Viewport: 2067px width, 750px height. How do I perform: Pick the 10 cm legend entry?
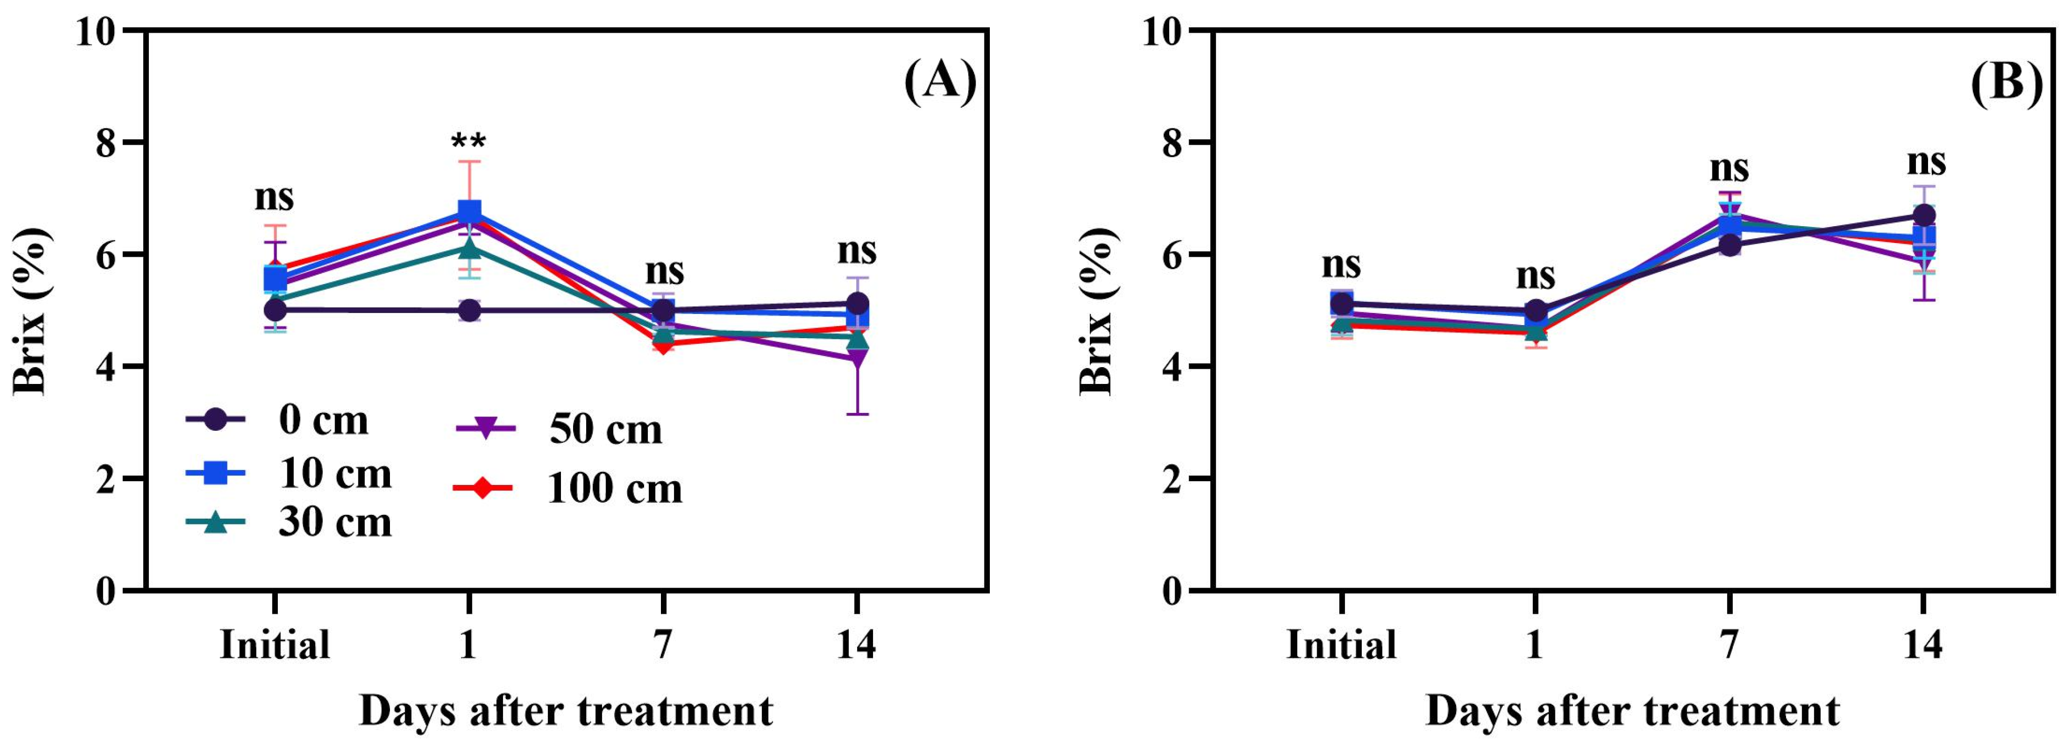click(289, 473)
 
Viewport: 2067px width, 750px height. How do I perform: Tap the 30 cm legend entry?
click(289, 522)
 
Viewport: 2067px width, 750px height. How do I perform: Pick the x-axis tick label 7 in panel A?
click(663, 644)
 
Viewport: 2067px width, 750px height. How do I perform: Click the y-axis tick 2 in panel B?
click(1172, 480)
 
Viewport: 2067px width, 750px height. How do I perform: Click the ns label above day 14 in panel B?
click(1926, 161)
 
